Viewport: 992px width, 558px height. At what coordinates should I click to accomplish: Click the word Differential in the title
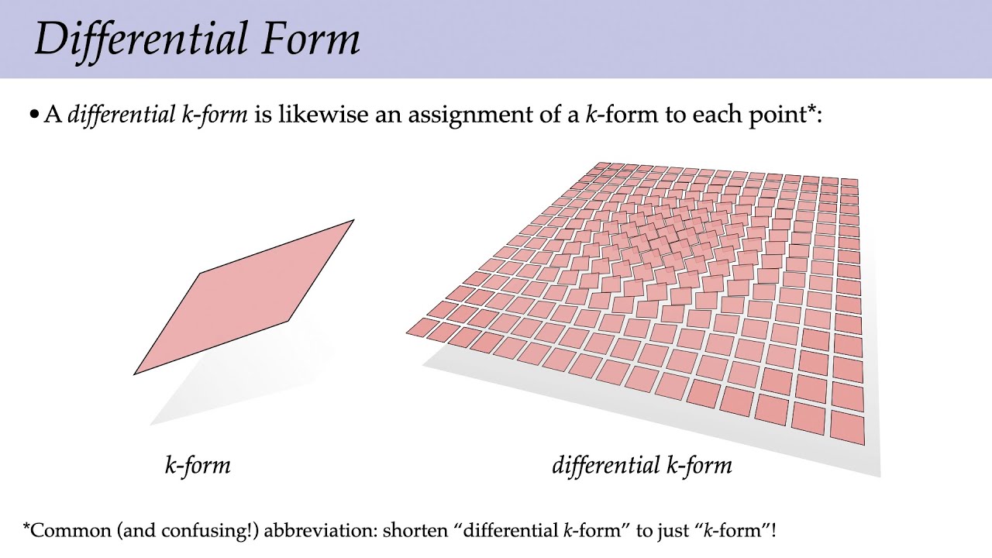click(x=132, y=39)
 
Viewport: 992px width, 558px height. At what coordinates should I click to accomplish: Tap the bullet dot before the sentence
click(x=33, y=115)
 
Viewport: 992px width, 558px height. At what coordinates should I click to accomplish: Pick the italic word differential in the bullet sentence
click(x=121, y=115)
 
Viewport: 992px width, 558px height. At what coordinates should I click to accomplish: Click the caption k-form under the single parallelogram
click(x=198, y=465)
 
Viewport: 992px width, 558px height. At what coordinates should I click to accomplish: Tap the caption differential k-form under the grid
click(x=642, y=465)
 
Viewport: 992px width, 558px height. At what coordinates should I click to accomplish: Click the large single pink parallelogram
click(x=244, y=298)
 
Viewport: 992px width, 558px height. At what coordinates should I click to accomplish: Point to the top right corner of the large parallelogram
click(x=353, y=221)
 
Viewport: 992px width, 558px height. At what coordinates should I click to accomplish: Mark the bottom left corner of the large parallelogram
click(x=135, y=374)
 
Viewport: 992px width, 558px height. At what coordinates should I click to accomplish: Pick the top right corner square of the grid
click(x=849, y=183)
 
